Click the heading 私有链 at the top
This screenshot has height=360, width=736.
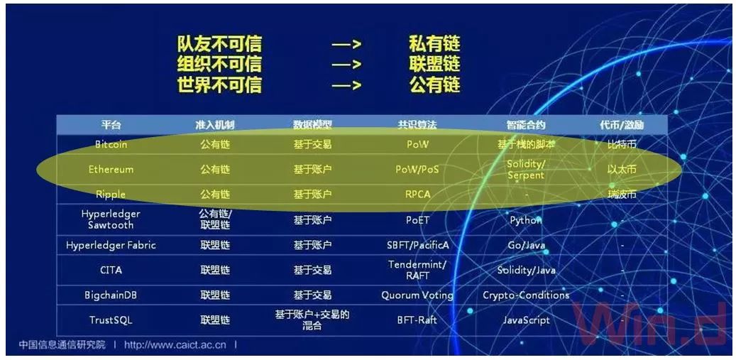point(434,44)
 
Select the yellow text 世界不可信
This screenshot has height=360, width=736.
point(219,85)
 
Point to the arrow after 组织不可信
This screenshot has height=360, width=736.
point(347,65)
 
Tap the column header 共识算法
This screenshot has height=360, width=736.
point(417,125)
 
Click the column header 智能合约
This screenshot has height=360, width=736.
point(526,125)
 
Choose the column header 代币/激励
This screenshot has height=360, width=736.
point(622,125)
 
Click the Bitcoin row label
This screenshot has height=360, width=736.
point(111,144)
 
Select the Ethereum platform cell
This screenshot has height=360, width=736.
point(111,170)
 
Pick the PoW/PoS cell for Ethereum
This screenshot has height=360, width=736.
point(417,170)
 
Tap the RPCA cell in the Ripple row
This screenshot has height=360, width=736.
point(417,194)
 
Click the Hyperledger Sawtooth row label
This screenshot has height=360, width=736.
point(111,219)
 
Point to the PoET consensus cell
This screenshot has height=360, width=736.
point(417,220)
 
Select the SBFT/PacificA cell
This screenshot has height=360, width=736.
point(417,245)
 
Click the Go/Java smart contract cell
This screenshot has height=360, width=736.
point(526,245)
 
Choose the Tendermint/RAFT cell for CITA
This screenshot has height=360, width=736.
point(417,270)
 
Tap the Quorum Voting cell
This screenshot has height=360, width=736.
point(417,295)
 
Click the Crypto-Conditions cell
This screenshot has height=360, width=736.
point(526,295)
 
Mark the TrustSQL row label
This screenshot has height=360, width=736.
point(111,320)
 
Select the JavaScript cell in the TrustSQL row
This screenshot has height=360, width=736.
point(526,320)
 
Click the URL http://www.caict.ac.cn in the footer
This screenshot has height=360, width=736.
point(175,345)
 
